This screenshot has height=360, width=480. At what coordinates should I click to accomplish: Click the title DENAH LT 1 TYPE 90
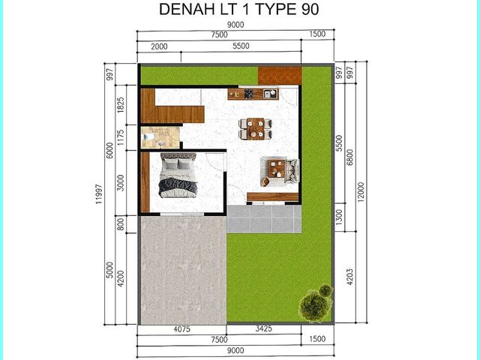(238, 9)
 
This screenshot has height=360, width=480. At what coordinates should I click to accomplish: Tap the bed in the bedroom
(178, 175)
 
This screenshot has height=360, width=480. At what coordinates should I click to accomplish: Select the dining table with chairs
(256, 128)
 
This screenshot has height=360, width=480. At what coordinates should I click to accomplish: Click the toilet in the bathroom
(149, 136)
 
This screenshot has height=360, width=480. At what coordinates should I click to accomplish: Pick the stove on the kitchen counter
(248, 93)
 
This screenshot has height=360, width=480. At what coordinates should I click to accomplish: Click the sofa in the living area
(292, 170)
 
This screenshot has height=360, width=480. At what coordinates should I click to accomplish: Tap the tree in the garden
(316, 302)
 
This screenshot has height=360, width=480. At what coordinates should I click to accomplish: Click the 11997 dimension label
(98, 193)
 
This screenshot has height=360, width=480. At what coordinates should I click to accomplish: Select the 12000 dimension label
(361, 192)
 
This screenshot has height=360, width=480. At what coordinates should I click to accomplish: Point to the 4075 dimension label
(181, 329)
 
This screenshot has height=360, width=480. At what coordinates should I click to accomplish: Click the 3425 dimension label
(263, 328)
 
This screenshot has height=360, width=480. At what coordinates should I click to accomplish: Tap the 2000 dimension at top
(159, 46)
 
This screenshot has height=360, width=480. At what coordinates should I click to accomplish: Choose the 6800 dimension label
(350, 157)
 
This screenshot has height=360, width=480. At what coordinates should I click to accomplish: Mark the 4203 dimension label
(350, 277)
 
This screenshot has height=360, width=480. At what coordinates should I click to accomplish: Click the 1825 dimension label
(121, 105)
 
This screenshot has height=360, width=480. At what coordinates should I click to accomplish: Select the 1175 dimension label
(121, 137)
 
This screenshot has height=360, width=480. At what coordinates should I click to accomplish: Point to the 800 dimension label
(121, 224)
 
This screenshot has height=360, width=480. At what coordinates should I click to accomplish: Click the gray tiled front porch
(264, 219)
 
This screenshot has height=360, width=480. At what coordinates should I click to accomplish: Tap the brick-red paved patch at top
(280, 75)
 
